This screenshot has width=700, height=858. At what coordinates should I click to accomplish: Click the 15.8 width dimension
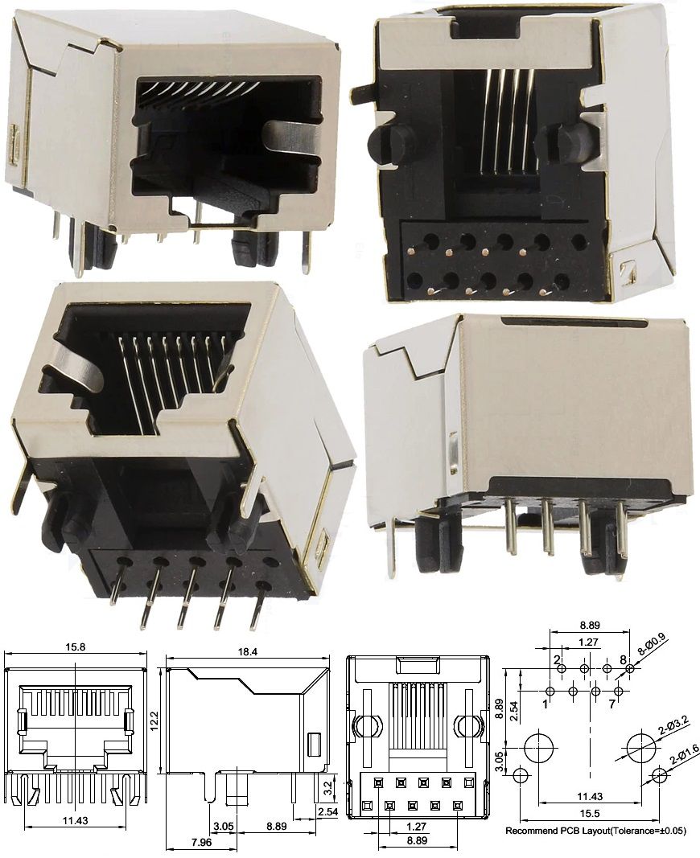click(x=76, y=647)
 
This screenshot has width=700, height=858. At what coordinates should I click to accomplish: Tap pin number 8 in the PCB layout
click(x=623, y=660)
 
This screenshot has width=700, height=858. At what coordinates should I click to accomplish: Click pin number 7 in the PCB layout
click(x=614, y=704)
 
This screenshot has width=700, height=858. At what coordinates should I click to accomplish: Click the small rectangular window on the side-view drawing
click(x=314, y=744)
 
